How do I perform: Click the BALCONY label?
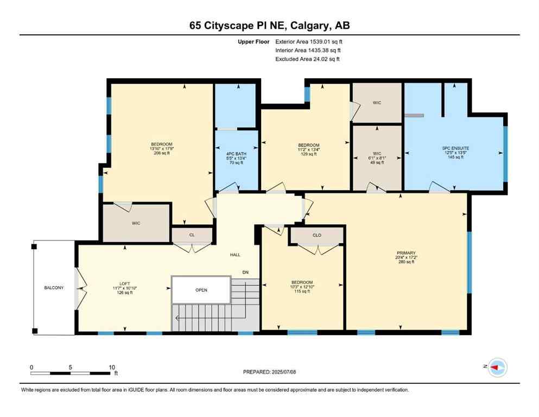click(x=54, y=287)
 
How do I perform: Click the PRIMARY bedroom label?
click(x=406, y=252)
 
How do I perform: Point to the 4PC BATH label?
click(x=237, y=154)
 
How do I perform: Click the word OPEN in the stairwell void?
click(x=201, y=289)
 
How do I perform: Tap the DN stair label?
click(x=245, y=272)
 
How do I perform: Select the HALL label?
click(x=235, y=255)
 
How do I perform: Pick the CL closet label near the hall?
click(x=192, y=235)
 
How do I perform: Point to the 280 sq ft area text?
click(x=406, y=262)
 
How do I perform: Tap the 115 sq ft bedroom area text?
click(x=302, y=292)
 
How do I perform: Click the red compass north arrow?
click(x=496, y=368)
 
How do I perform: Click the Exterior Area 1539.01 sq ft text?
click(x=308, y=41)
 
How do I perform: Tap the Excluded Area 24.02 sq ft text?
click(x=308, y=59)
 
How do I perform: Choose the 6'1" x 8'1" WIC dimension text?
click(x=377, y=158)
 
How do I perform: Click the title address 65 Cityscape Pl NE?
click(x=269, y=25)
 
